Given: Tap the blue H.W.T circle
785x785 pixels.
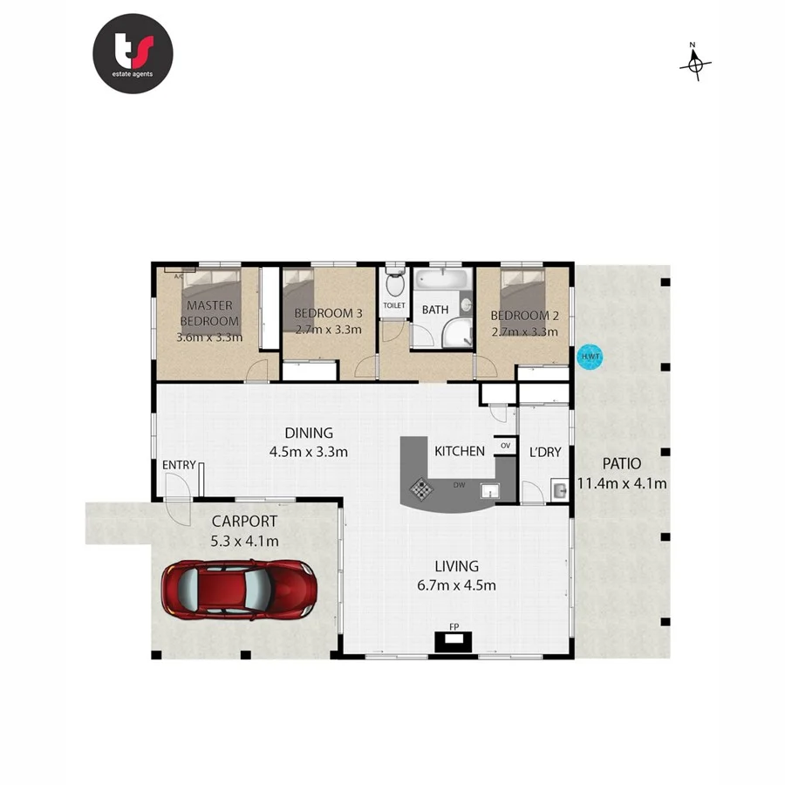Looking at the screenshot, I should coord(589,358).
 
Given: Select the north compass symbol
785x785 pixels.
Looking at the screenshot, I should coord(695,63).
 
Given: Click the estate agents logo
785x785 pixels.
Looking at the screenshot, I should coord(133,53).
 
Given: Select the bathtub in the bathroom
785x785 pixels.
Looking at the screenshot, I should coord(442,282).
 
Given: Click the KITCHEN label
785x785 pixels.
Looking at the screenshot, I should coord(460,451).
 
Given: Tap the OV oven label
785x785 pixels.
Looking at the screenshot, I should coord(505,446).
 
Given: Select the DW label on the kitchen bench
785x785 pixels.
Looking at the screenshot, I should coord(459,484).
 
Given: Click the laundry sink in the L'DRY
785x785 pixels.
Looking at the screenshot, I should coord(559,492).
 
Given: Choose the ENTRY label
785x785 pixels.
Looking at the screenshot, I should coord(179,465).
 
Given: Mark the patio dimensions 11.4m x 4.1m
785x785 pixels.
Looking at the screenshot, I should coord(622,483).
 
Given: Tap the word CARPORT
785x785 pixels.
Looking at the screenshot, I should coord(245,522).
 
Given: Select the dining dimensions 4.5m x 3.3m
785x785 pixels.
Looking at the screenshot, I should coord(309,451).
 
